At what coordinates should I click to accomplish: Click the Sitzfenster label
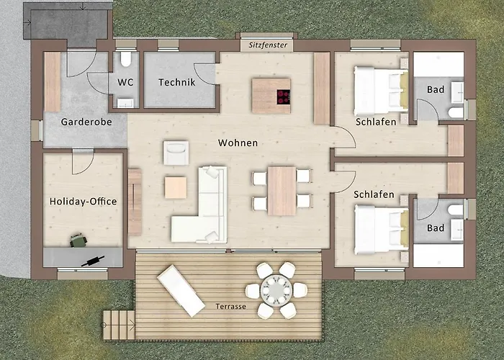(x=268, y=45)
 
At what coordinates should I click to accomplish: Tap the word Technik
(x=177, y=82)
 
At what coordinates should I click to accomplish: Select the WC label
(x=125, y=82)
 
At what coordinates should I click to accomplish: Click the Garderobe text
(x=86, y=122)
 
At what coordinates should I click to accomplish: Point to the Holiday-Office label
(x=83, y=202)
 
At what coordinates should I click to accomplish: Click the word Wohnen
(x=238, y=143)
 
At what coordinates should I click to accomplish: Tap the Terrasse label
(x=231, y=306)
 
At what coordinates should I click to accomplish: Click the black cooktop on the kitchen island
(x=284, y=96)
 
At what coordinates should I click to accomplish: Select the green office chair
(x=78, y=240)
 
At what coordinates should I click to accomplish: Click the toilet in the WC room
(x=126, y=59)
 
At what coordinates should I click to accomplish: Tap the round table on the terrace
(x=276, y=290)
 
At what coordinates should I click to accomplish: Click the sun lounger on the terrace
(x=181, y=291)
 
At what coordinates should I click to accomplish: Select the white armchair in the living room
(x=176, y=153)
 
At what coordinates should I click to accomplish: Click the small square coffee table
(x=176, y=187)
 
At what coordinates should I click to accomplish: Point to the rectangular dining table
(x=282, y=191)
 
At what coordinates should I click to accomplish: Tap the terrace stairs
(x=119, y=325)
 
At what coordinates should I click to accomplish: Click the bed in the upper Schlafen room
(x=381, y=91)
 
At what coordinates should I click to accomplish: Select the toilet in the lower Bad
(x=456, y=210)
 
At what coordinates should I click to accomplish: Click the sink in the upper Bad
(x=457, y=93)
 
